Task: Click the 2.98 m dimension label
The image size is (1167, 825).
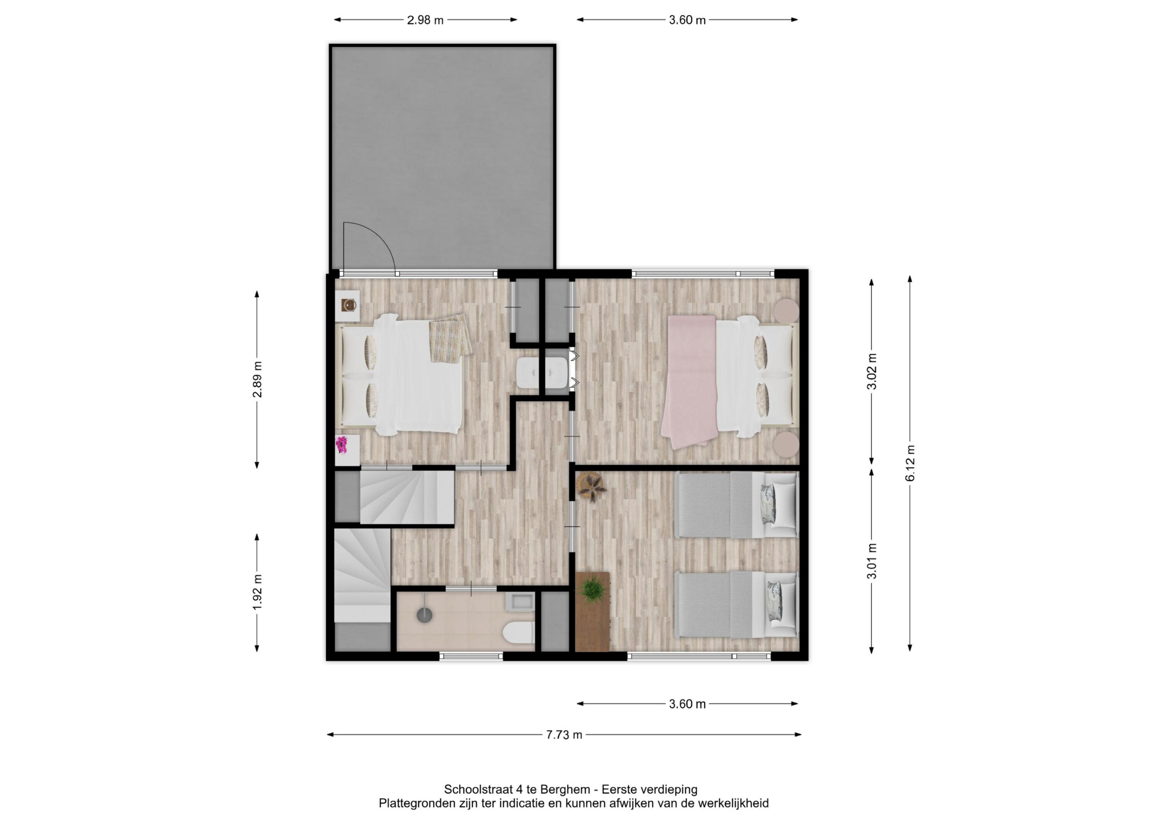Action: [x=425, y=20]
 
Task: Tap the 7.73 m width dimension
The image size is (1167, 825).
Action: [x=564, y=734]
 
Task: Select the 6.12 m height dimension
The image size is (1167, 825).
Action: [x=910, y=463]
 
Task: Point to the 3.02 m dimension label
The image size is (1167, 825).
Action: [x=872, y=371]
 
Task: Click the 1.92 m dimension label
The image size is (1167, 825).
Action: [x=257, y=592]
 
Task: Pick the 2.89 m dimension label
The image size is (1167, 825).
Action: [x=257, y=380]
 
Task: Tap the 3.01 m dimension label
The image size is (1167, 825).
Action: [x=872, y=561]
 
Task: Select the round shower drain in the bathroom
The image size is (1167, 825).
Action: [x=424, y=615]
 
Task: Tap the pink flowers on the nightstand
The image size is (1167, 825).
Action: [x=342, y=445]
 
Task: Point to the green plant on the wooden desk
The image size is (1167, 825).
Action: [x=593, y=590]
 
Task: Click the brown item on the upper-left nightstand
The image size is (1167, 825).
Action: [x=349, y=305]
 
